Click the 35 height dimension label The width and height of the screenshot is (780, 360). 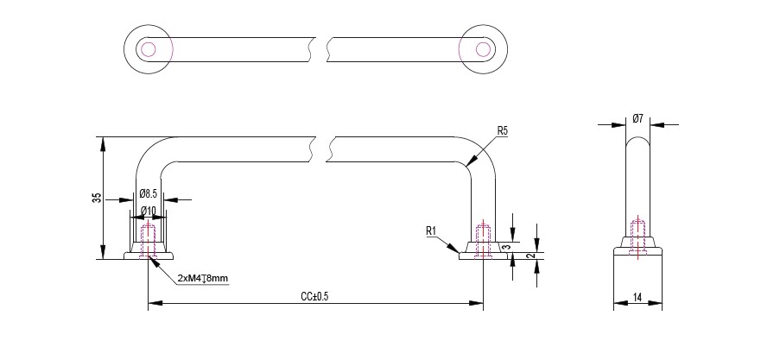pyautogui.click(x=96, y=198)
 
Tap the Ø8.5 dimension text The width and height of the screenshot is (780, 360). pyautogui.click(x=148, y=193)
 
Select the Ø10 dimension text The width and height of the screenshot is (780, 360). pyautogui.click(x=148, y=211)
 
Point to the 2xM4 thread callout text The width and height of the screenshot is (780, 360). pyautogui.click(x=202, y=279)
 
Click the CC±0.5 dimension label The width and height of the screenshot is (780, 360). pyautogui.click(x=315, y=296)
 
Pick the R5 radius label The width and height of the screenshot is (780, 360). pyautogui.click(x=503, y=131)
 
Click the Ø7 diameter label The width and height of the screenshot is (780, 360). pyautogui.click(x=637, y=117)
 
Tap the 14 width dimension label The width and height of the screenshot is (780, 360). pyautogui.click(x=637, y=297)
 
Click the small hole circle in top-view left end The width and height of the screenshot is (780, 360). pyautogui.click(x=149, y=48)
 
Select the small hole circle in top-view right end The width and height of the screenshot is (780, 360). pyautogui.click(x=482, y=48)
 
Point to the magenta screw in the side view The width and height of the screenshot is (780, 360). pyautogui.click(x=638, y=237)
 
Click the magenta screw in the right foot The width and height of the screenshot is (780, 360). pyautogui.click(x=483, y=237)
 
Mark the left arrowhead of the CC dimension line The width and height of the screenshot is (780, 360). pyautogui.click(x=153, y=303)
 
